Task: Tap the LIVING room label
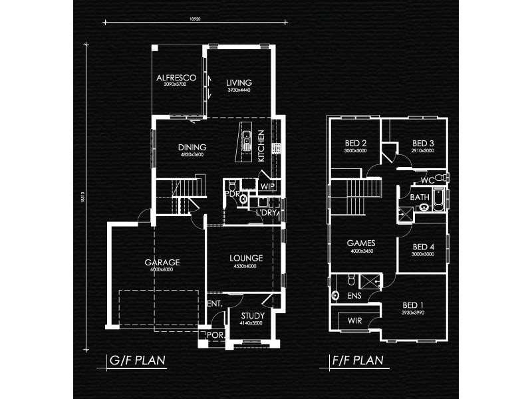[x=238, y=82]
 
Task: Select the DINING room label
[x=192, y=147]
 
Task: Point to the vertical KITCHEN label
[x=261, y=145]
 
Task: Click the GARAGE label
[x=162, y=262]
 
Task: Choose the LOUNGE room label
[x=246, y=258]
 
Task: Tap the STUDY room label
[x=253, y=316]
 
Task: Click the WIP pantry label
[x=268, y=186]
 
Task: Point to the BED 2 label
[x=356, y=143]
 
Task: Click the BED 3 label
[x=423, y=143]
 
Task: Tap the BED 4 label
[x=423, y=246]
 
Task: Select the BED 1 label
[x=412, y=305]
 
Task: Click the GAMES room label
[x=361, y=243]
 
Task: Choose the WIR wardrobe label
[x=354, y=322]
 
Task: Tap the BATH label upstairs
[x=419, y=198]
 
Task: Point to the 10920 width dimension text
[x=194, y=19]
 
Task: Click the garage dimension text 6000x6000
[x=162, y=269]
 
